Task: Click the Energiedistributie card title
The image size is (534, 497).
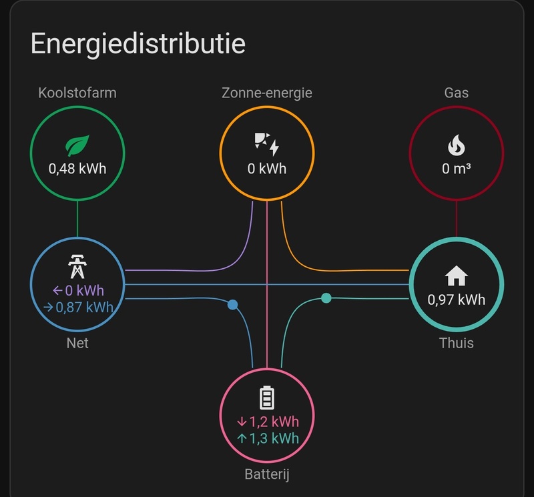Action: (138, 44)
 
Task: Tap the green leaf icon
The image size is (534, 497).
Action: (77, 145)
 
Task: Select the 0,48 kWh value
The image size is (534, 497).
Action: (77, 168)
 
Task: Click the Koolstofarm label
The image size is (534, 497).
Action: (77, 93)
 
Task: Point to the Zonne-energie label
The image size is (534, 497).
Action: (267, 93)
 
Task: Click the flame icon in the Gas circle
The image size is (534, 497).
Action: (457, 145)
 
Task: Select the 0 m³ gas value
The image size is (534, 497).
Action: (457, 168)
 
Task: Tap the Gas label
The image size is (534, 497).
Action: (457, 93)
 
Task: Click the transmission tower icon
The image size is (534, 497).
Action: (77, 266)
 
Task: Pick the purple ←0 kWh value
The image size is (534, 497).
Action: (77, 291)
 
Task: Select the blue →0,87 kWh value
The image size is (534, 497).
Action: (77, 308)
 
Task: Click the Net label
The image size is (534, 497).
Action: (77, 343)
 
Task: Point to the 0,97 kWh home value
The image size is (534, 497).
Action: (457, 299)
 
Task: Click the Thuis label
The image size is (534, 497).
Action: (457, 343)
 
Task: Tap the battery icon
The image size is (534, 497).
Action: (267, 398)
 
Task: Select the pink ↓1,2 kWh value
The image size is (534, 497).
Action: (267, 422)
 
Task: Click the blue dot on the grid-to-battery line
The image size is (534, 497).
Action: (232, 305)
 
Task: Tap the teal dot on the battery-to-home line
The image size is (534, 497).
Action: (326, 298)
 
